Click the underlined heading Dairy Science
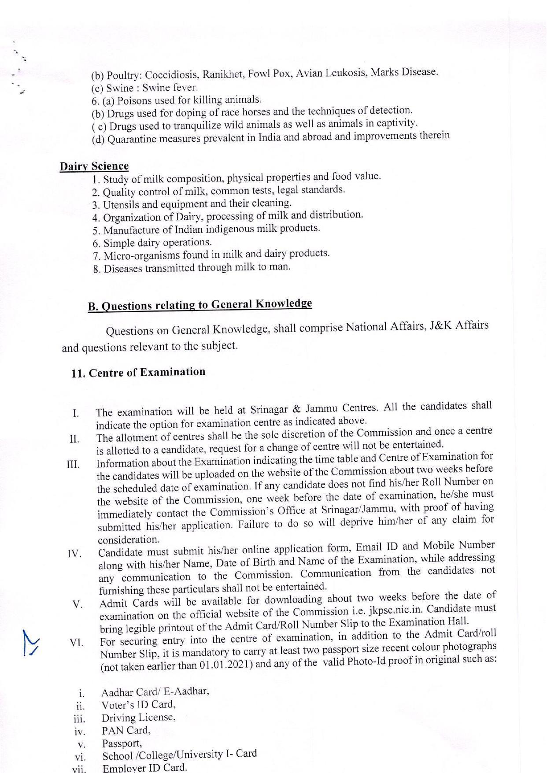(x=94, y=166)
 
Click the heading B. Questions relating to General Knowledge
(x=200, y=305)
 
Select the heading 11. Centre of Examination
(x=138, y=372)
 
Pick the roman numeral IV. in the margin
(x=75, y=553)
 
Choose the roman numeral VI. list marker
(x=76, y=642)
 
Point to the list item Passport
(x=122, y=743)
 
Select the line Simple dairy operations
(x=152, y=243)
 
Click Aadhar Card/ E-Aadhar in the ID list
(x=155, y=692)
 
